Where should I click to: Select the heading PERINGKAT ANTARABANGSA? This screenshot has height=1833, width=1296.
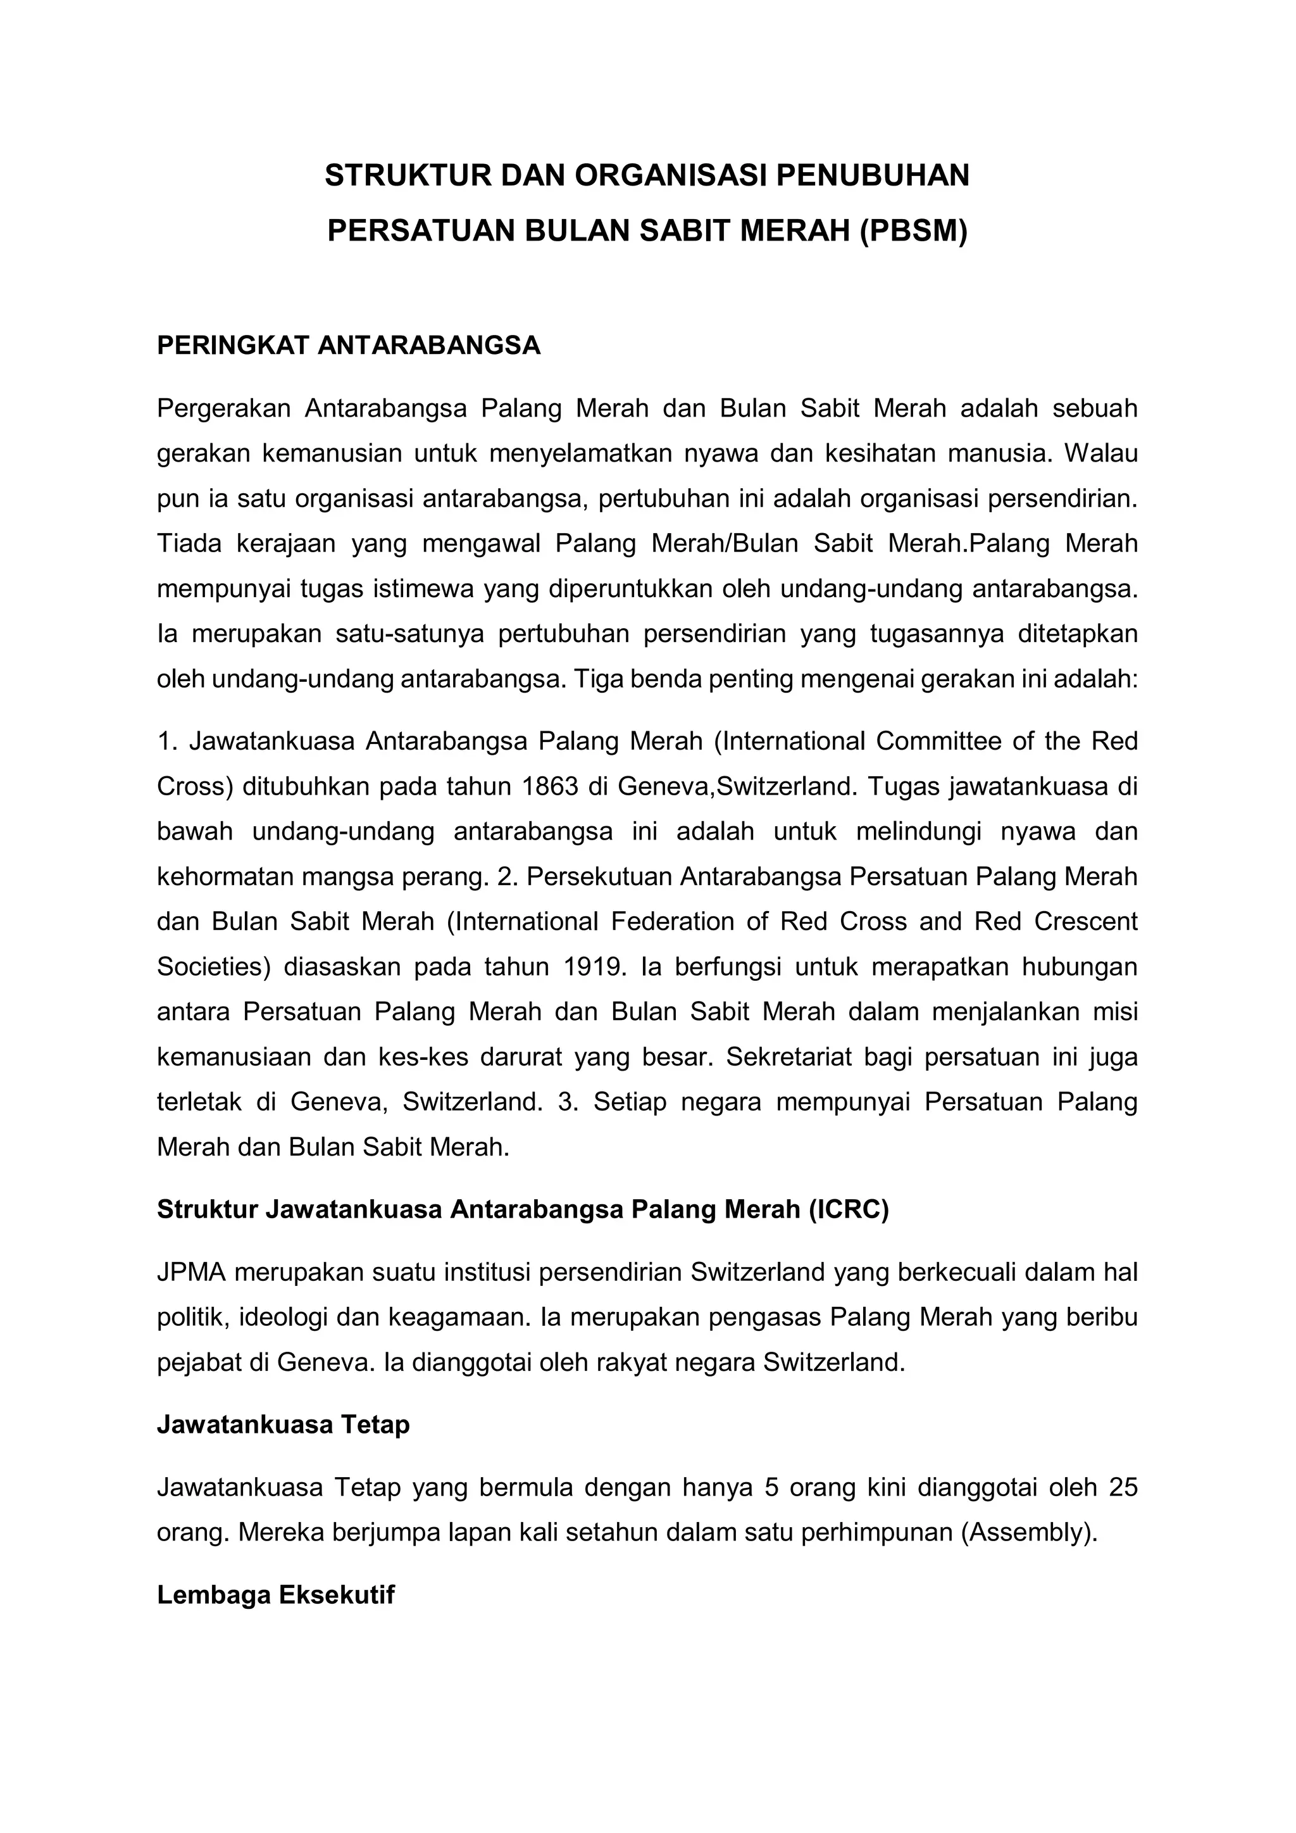[349, 346]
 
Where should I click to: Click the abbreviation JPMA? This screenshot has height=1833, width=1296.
[192, 1273]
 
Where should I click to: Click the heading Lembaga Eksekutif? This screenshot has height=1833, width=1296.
[276, 1595]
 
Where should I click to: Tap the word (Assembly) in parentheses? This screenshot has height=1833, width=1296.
[1029, 1533]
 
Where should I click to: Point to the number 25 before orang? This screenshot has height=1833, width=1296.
[1122, 1488]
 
